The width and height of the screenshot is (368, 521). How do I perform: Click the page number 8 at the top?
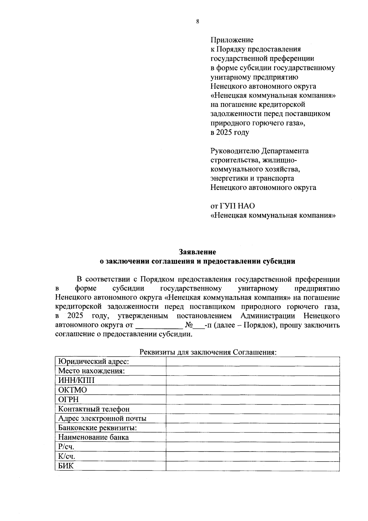coord(197,21)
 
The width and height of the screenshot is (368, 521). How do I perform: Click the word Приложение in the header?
coord(232,40)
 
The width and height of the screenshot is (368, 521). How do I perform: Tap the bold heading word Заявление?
coord(197,252)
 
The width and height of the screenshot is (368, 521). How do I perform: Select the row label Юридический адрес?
coord(94,361)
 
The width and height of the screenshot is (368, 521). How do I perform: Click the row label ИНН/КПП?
coord(76,380)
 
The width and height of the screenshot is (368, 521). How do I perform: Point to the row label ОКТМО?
coord(73,390)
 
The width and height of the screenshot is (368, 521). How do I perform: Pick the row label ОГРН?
coord(68,399)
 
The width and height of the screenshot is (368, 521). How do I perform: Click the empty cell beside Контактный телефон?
coord(253,409)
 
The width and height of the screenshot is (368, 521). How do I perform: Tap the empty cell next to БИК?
coord(253,466)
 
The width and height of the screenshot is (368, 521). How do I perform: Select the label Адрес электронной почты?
coord(102,419)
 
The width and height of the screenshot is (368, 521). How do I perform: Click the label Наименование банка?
coord(94,437)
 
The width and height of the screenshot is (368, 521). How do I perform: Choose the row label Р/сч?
coord(66,447)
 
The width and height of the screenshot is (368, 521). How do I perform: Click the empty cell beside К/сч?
coord(253,456)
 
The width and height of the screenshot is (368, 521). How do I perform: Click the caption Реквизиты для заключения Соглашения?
coord(208,352)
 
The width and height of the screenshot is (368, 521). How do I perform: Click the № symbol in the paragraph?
coord(188,325)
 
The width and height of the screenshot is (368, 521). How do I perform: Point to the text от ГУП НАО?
coord(233,206)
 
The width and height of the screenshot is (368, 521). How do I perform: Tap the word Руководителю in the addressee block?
coord(235,151)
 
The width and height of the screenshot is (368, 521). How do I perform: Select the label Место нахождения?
coord(91,371)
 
